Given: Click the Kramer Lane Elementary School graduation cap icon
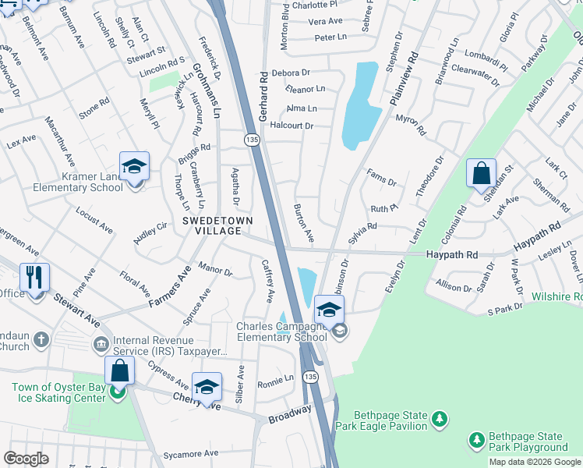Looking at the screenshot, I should [x=134, y=167].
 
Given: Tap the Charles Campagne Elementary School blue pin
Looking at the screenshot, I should [x=329, y=310].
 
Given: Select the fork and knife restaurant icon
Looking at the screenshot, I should [x=34, y=278].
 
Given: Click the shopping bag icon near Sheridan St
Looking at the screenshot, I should [x=481, y=173].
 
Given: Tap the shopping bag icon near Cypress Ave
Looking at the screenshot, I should [x=119, y=370].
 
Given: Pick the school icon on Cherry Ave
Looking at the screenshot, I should [x=207, y=388].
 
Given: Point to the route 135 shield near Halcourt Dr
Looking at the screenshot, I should [x=251, y=139].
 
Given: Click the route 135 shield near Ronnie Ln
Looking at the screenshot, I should [x=311, y=377].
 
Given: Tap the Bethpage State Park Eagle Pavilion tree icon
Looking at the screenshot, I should [x=440, y=420].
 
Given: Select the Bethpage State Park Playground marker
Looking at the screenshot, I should [x=476, y=441].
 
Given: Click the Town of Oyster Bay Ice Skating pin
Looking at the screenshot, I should [x=116, y=392].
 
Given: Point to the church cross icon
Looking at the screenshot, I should [x=41, y=340].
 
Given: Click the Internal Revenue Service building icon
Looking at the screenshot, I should [x=101, y=344].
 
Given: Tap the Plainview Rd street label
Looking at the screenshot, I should [x=403, y=79].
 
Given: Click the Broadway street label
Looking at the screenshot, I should [x=290, y=415].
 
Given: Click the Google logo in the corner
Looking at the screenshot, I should [x=26, y=459].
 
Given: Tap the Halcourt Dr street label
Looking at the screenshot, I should [x=291, y=126].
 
